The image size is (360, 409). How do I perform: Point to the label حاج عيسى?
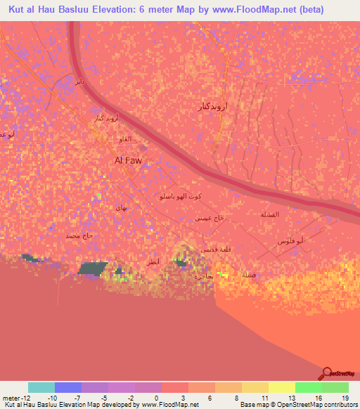pos(210,219)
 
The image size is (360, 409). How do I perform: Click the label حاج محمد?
pos(79,236)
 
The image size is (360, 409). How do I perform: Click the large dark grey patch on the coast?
pos(92,268)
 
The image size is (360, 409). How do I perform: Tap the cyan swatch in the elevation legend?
pos(41,387)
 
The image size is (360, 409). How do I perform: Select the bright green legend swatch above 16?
pos(309,387)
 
